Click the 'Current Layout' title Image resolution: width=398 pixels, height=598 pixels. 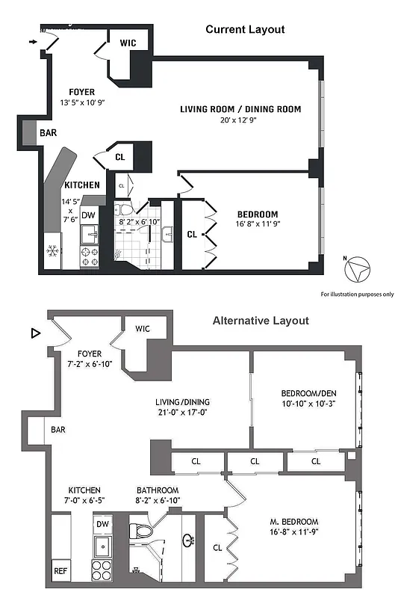click(x=245, y=29)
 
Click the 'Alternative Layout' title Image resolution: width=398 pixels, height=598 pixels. click(x=260, y=321)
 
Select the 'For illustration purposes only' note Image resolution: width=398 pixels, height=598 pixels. click(x=357, y=294)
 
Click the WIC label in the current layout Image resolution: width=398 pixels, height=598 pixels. click(x=128, y=43)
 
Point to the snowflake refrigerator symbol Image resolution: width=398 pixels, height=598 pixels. click(x=52, y=250)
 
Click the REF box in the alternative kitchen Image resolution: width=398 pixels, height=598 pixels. click(x=60, y=570)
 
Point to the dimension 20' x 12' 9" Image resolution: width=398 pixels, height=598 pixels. click(x=240, y=120)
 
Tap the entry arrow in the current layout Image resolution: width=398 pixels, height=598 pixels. click(x=32, y=43)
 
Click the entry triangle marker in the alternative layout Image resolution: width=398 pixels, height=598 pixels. click(x=34, y=333)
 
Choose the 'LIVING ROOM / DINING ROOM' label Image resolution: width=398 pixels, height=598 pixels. click(x=240, y=109)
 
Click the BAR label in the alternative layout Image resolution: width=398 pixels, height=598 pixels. click(x=58, y=431)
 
